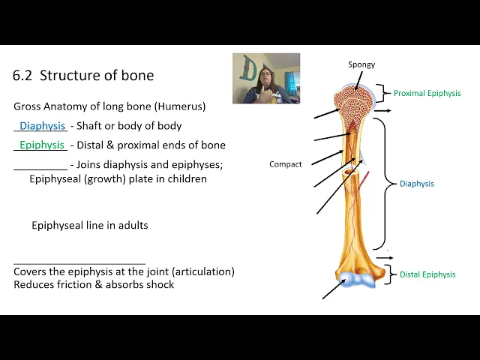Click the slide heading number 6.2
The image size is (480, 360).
[x=23, y=76]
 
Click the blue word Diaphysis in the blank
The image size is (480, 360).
[x=43, y=126]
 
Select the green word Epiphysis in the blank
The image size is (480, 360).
[x=42, y=145]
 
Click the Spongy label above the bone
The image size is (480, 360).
[x=361, y=64]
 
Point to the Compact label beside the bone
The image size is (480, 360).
[x=285, y=164]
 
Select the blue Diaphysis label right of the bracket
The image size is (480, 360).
[x=416, y=184]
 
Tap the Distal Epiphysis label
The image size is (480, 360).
[x=427, y=274]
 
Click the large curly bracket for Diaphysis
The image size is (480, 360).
[x=387, y=184]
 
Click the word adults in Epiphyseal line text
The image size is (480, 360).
[x=131, y=225]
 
